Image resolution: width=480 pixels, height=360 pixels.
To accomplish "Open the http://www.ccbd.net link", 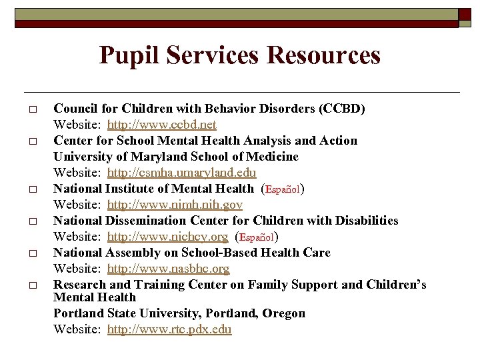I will (x=161, y=125).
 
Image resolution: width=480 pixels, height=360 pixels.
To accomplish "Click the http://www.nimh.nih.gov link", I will (x=175, y=205).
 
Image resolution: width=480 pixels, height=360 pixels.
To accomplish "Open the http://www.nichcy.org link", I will (x=167, y=237).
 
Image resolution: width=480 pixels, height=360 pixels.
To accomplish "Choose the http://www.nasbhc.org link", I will (x=168, y=269).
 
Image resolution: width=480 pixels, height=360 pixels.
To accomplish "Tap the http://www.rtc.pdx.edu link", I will (x=169, y=329).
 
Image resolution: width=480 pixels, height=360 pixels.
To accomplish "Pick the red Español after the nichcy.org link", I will (x=257, y=237).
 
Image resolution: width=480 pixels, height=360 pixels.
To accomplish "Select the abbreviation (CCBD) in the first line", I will (x=342, y=109).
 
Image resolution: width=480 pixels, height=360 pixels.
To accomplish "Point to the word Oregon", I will (x=283, y=313).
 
